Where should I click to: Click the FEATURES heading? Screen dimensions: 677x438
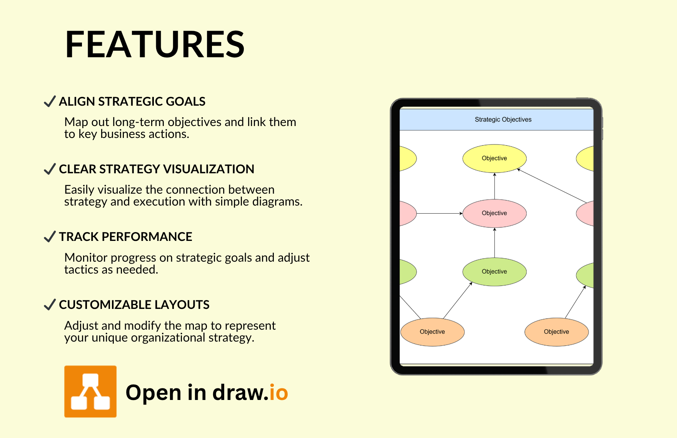[x=155, y=45]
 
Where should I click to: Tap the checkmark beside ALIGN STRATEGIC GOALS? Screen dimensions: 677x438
[x=50, y=101]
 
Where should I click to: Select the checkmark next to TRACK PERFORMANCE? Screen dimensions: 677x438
[x=50, y=237]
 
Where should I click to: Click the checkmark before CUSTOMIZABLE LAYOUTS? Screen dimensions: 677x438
[x=50, y=305]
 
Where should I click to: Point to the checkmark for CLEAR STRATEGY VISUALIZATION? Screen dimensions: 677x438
[x=50, y=169]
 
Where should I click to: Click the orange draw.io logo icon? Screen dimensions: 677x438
[x=90, y=392]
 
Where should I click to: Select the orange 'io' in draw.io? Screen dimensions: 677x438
[x=278, y=392]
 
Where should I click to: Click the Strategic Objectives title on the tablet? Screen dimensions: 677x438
[x=503, y=119]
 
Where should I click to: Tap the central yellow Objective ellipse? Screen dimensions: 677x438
[x=494, y=158]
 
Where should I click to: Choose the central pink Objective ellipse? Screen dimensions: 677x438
[x=494, y=213]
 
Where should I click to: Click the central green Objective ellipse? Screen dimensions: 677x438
[x=494, y=272]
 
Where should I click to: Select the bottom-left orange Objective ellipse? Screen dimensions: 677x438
[x=432, y=332]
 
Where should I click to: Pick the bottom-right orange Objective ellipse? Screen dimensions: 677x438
[x=557, y=332]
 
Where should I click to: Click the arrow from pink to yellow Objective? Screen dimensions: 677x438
[x=495, y=186]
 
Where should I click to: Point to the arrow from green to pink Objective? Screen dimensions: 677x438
[x=495, y=243]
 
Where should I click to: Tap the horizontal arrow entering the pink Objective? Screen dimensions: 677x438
[x=439, y=213]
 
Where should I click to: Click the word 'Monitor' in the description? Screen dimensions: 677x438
[x=86, y=257]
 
